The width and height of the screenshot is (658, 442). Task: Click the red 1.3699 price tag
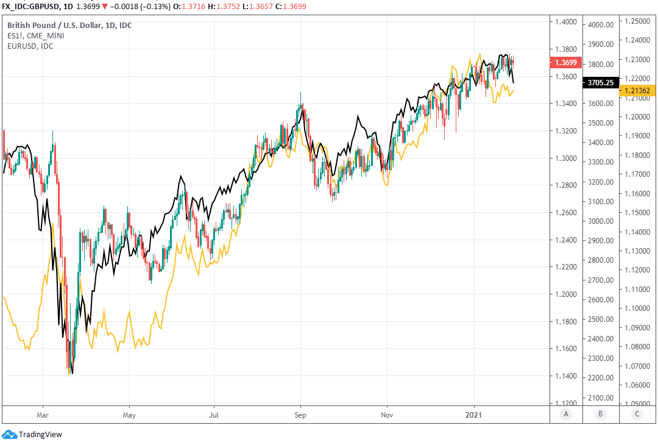tap(563, 63)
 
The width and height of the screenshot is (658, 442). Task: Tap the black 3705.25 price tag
tap(600, 82)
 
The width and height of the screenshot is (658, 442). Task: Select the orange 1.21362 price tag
tap(636, 91)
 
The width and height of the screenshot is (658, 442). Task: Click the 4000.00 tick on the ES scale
tap(600, 25)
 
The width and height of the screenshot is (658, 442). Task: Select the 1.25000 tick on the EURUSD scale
tap(636, 21)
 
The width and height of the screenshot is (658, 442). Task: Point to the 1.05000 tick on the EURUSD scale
tap(636, 404)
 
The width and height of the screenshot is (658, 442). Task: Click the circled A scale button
tap(566, 415)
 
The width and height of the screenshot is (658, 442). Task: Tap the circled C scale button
tap(637, 415)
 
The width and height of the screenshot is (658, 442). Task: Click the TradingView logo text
tap(40, 435)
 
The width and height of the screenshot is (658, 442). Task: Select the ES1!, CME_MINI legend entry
tap(35, 36)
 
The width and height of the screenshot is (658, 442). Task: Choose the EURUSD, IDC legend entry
tap(30, 46)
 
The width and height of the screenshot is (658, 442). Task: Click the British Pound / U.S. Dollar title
tap(69, 26)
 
